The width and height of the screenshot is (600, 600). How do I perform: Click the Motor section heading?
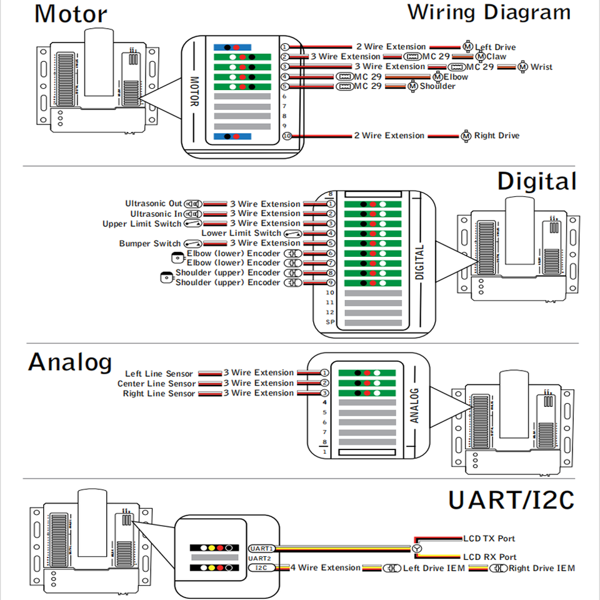point(71,14)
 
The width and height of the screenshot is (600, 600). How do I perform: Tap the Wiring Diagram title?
point(489,12)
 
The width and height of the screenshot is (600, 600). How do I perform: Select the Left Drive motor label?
point(495,47)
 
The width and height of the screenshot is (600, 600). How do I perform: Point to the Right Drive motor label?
point(496,136)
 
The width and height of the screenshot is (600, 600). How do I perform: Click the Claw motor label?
point(496,57)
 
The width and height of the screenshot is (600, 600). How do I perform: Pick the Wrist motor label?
point(541,67)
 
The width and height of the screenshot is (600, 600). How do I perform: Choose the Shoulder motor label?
point(437,86)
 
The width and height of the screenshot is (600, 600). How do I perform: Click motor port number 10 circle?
point(287,136)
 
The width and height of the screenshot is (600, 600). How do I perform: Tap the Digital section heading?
point(537,181)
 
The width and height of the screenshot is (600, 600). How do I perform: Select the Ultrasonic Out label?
point(154,204)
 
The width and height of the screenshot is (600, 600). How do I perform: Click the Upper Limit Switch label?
point(142,224)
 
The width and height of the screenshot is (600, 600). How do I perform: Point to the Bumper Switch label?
point(150,243)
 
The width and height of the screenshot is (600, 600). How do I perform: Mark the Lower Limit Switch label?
point(241,233)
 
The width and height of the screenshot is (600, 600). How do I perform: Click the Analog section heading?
point(70,362)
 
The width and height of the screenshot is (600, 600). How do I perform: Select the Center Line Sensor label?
point(156,384)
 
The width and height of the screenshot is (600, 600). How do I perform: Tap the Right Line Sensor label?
point(159,394)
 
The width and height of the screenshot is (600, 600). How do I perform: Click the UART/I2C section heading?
point(511,500)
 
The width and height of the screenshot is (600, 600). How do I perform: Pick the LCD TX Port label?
point(489,538)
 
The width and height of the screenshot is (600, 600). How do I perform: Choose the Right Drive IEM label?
point(541,568)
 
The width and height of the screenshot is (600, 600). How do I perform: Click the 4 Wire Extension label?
point(326,567)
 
